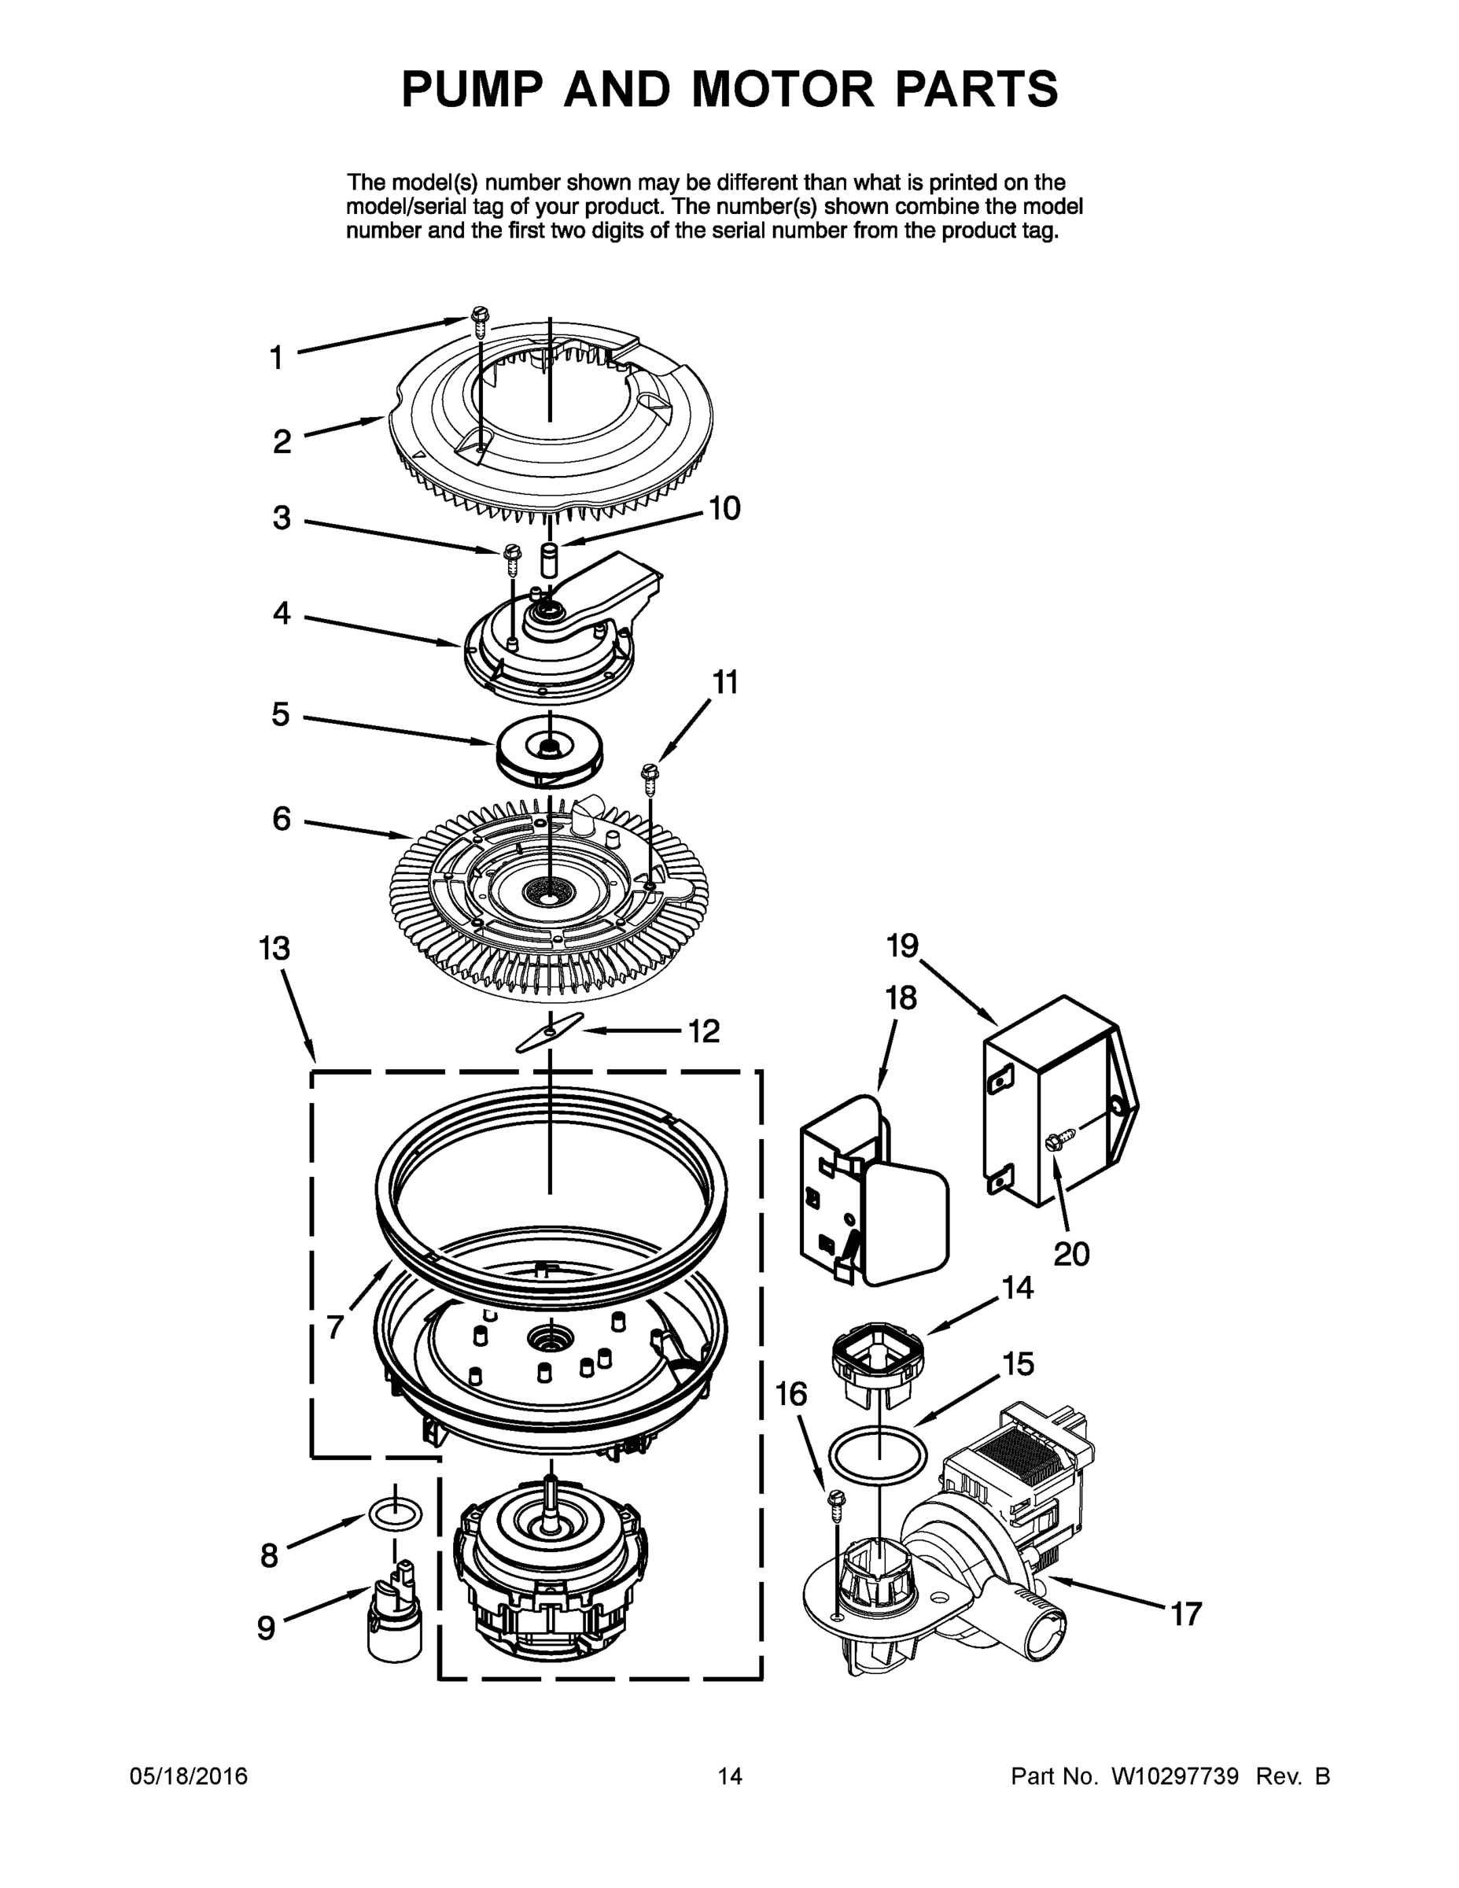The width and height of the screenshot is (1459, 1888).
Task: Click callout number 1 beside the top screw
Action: click(276, 357)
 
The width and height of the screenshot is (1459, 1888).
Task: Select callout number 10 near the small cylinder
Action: click(724, 508)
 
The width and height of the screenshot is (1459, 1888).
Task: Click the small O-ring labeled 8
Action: click(395, 1513)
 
